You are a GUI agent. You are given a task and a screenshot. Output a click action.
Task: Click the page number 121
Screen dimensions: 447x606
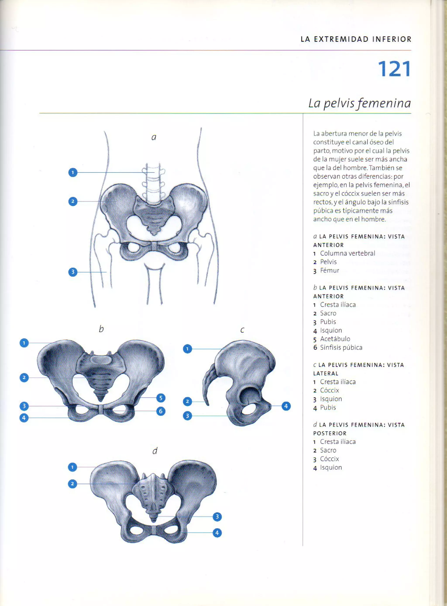[x=394, y=69]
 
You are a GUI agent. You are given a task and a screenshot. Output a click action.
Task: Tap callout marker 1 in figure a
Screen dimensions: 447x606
[x=73, y=172]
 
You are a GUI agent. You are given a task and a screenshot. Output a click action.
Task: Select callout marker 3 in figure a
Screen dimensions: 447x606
[x=73, y=272]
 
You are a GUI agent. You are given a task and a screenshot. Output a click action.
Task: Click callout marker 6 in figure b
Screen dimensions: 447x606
[x=161, y=411]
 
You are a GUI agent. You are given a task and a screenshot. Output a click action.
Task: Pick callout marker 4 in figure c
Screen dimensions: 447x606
[x=286, y=406]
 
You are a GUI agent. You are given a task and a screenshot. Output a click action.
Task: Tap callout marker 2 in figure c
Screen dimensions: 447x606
[x=187, y=402]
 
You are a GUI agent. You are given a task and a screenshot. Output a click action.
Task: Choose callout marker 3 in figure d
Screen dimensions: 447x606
[x=217, y=517]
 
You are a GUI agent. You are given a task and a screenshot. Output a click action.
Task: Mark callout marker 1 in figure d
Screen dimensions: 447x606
[x=72, y=467]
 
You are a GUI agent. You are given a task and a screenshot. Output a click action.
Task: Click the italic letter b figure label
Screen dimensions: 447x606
[x=101, y=329]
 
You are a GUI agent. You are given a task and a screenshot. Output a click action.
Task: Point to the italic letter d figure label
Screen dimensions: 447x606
[x=155, y=451]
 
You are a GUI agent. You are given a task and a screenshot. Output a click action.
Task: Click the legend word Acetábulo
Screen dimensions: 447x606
[x=335, y=339]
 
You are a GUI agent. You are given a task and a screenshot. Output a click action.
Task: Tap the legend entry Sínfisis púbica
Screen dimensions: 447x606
[x=341, y=347]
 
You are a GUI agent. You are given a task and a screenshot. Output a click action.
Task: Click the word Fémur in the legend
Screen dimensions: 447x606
[x=329, y=271]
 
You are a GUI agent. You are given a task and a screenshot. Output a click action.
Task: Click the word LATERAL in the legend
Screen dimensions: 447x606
[x=326, y=373]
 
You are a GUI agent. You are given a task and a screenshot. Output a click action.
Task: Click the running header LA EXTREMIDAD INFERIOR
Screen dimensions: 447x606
[x=356, y=39]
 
